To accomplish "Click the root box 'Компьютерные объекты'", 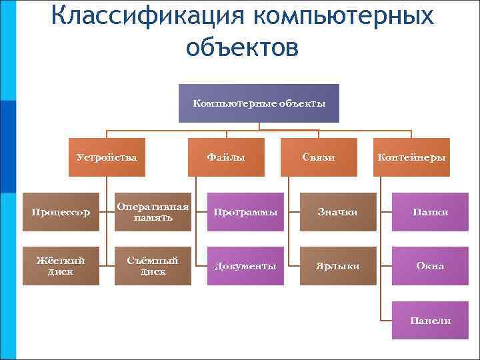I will point(259,103).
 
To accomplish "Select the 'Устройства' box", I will point(107,157).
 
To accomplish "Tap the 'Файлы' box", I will point(226,157).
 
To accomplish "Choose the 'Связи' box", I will point(318,157).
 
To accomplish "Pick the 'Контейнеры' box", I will point(411,157).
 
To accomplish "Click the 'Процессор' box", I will point(61,212).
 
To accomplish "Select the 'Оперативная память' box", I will point(153,212).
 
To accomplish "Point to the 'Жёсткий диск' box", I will point(61,266).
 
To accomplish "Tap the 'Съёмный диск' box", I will point(153,266).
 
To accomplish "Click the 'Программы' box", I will point(245,212).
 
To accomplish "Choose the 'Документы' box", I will point(245,266).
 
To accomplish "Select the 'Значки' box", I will point(337,212).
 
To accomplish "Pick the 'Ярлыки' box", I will point(337,266).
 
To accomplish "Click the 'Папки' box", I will point(430,212).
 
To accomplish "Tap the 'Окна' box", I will point(430,266).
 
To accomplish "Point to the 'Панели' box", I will point(430,321).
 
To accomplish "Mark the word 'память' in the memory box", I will point(153,217).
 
